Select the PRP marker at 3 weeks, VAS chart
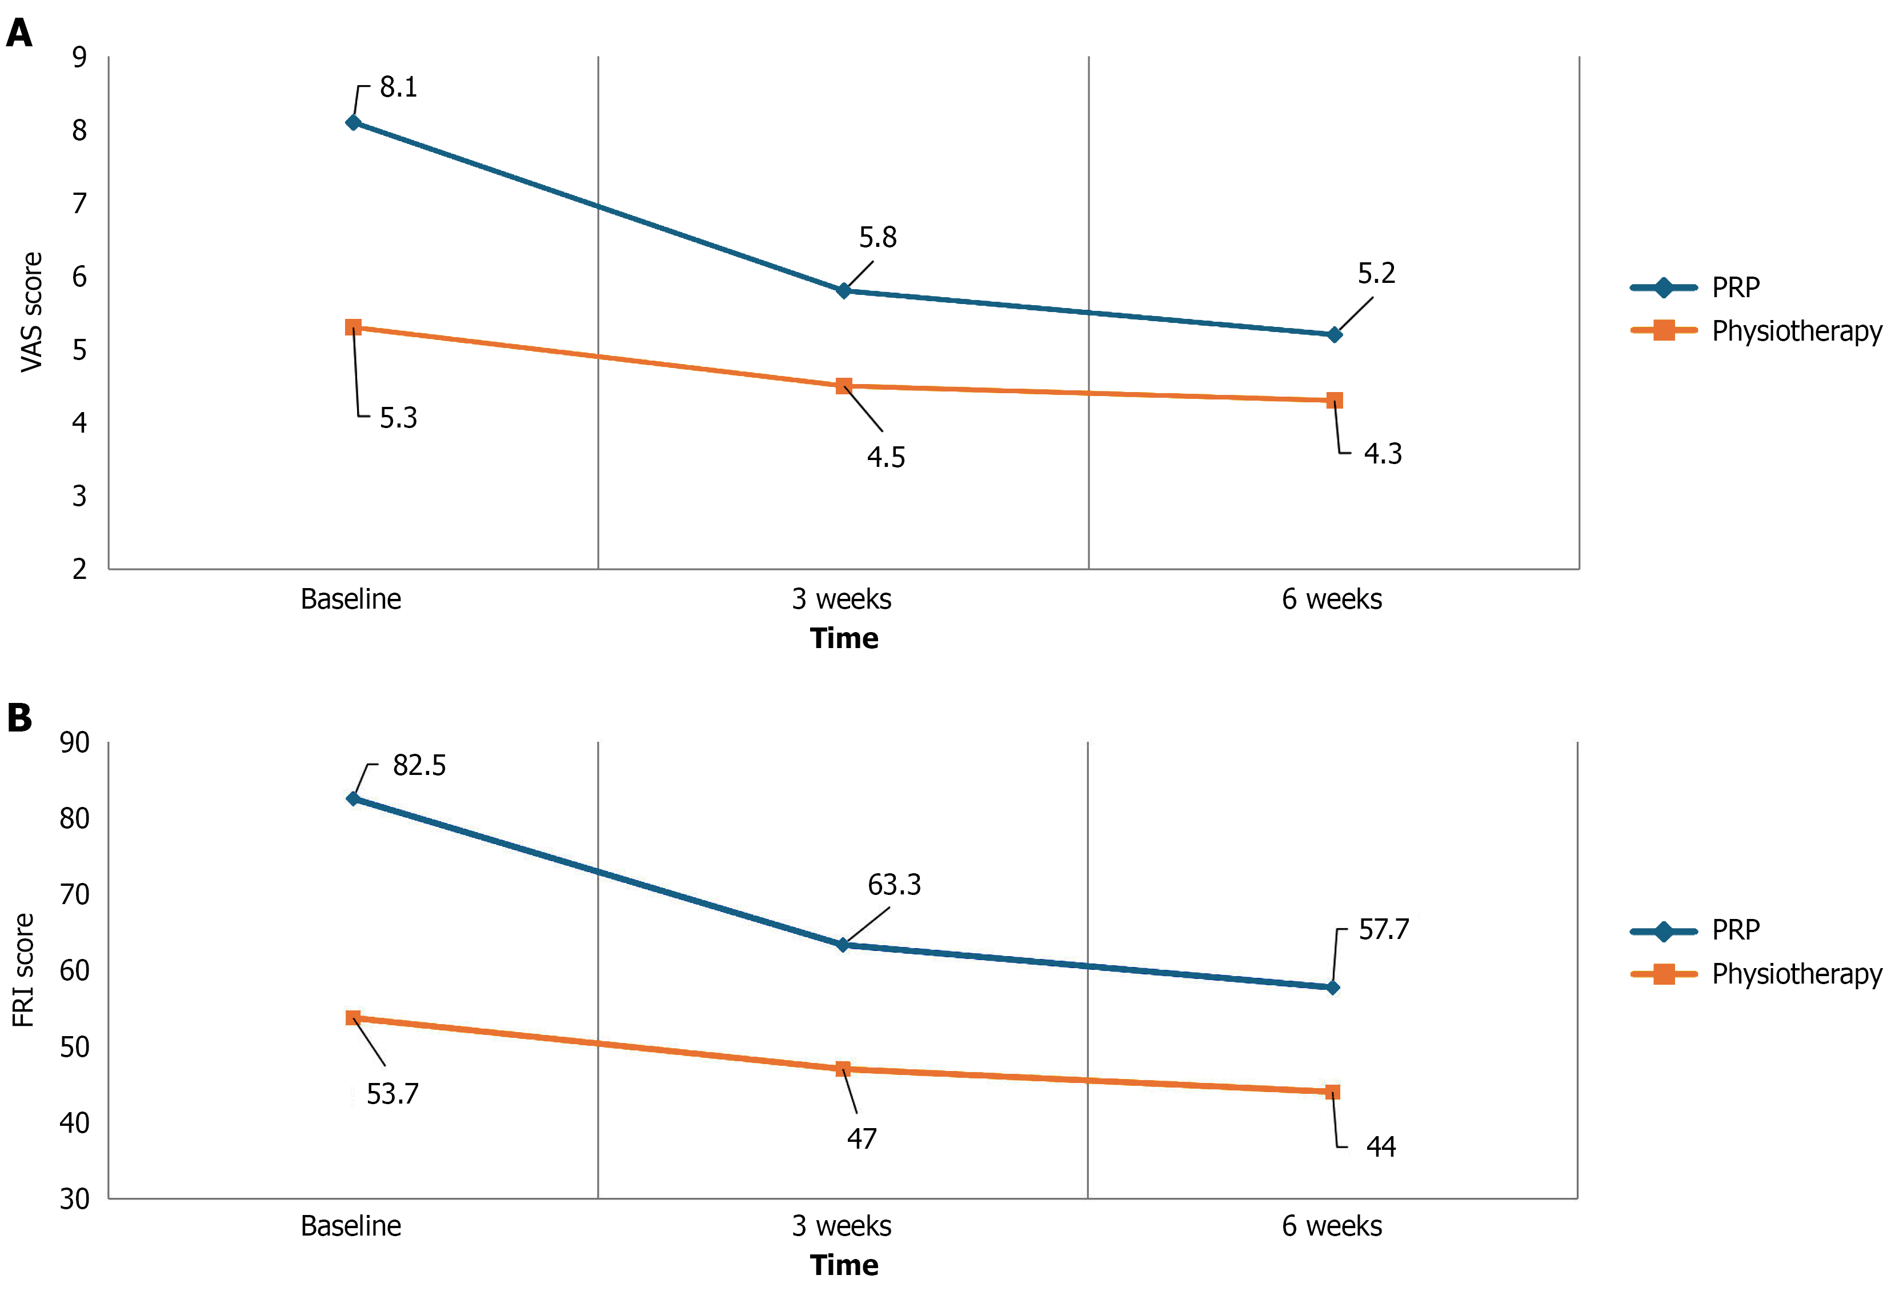click(x=844, y=290)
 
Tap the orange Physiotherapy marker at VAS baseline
click(x=353, y=327)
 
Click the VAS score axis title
click(x=31, y=313)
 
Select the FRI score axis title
click(x=23, y=970)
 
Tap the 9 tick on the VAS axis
click(x=79, y=57)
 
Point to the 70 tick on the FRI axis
click(x=74, y=894)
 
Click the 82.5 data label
click(x=419, y=765)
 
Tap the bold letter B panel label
click(x=19, y=718)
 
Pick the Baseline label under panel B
click(x=351, y=1226)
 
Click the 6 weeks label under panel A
click(x=1332, y=599)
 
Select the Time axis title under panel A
click(x=844, y=638)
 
